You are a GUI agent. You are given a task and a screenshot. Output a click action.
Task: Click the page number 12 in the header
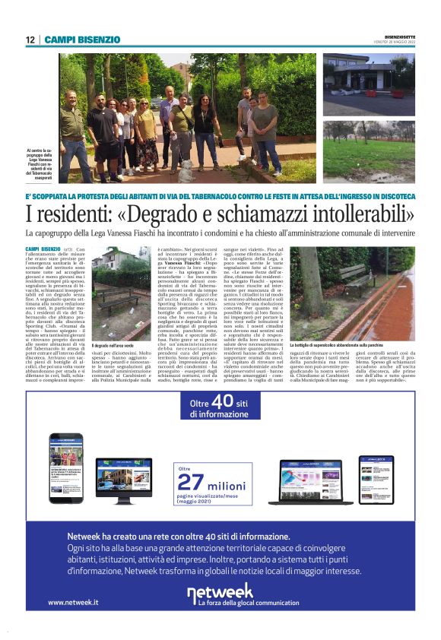click(x=30, y=40)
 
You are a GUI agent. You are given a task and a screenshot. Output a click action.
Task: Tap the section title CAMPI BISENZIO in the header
click(x=82, y=40)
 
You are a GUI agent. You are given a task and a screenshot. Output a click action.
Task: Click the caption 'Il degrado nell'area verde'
click(x=115, y=347)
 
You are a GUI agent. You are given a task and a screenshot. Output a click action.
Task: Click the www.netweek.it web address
click(x=73, y=603)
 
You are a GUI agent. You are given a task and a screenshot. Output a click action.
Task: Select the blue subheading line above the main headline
click(x=220, y=197)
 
